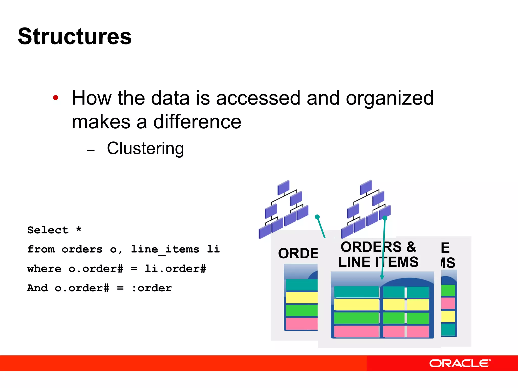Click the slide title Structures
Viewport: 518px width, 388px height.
click(75, 37)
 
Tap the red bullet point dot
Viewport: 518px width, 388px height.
click(56, 98)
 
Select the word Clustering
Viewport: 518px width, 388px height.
click(145, 148)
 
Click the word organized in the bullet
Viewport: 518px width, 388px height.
click(390, 98)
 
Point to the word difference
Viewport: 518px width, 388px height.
click(197, 122)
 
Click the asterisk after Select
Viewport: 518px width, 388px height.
click(79, 229)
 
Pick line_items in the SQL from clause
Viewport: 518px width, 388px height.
click(165, 249)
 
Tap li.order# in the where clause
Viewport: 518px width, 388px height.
click(175, 269)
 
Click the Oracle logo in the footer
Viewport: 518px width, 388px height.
click(460, 363)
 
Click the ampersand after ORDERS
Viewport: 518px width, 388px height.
click(411, 247)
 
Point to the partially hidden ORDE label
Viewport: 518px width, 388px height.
click(298, 253)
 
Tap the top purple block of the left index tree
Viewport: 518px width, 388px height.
click(283, 187)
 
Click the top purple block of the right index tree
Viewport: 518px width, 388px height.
click(365, 187)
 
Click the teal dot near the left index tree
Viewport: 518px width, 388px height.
click(317, 217)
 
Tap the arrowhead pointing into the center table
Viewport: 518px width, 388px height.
click(382, 277)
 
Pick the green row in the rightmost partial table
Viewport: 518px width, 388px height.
click(448, 290)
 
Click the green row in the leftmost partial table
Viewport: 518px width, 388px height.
click(301, 310)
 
